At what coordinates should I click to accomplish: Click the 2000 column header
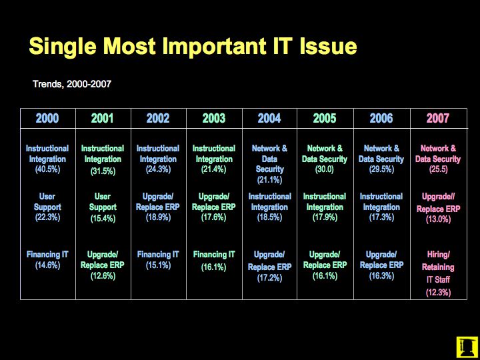coord(47,118)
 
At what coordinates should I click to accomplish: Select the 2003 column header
coord(214,118)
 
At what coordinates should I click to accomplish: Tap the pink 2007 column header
coord(438,118)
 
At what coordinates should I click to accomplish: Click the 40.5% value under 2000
coord(47,169)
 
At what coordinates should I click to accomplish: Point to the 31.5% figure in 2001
coord(103,171)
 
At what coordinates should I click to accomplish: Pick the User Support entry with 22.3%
coord(47,207)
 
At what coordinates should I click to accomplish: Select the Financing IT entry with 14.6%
coord(47,259)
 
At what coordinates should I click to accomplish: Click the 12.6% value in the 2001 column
coord(103,276)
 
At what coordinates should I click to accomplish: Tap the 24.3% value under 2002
coord(158,169)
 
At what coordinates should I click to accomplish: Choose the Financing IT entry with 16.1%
coord(214,261)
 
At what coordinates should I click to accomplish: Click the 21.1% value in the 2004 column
coord(269,180)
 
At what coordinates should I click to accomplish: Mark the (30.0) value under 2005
coord(325,169)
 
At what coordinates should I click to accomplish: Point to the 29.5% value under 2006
coord(381,169)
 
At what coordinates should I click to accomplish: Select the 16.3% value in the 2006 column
coord(381,276)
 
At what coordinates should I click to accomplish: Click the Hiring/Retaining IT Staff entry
coord(438,267)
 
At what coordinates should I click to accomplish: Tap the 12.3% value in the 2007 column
coord(438,293)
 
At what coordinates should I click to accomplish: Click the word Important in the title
coord(214,47)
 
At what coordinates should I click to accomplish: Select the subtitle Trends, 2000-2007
coord(71,84)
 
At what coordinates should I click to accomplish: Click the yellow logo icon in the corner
coord(467,347)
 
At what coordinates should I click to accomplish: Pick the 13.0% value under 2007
coord(438,220)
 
